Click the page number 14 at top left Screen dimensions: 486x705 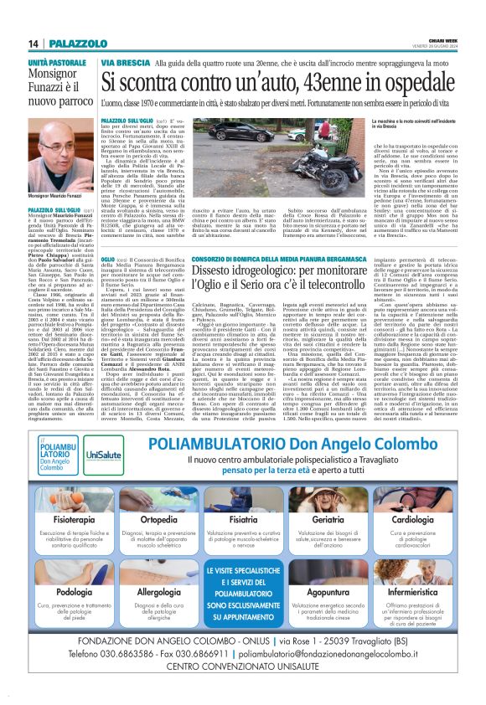coord(31,44)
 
